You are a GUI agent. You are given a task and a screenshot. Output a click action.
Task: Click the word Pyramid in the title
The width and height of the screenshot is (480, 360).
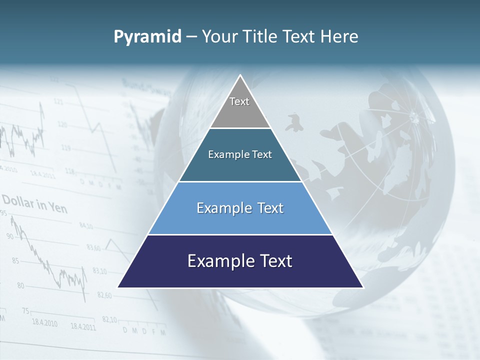147,37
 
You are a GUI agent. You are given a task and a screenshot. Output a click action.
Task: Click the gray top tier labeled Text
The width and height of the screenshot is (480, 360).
239,107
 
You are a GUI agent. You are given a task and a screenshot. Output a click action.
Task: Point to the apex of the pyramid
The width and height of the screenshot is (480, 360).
240,76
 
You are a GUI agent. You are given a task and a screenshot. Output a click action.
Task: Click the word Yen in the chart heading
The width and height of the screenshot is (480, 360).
58,207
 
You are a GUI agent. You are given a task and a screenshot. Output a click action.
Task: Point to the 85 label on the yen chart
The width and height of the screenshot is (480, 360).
15,260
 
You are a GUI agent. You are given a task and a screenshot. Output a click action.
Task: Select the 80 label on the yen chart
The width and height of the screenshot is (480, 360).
20,285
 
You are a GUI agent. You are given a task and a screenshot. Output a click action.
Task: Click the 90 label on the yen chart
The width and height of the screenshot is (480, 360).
10,236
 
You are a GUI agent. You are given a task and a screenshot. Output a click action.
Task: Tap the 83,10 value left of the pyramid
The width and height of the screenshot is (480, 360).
99,271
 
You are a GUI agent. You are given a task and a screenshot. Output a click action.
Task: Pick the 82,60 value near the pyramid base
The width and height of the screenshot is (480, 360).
104,295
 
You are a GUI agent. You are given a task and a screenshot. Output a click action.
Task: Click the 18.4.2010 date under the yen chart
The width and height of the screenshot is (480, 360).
44,323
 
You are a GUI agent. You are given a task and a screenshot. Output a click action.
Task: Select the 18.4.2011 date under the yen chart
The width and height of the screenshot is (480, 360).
83,327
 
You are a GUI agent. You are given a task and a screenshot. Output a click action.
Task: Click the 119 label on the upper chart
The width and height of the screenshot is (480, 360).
65,148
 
